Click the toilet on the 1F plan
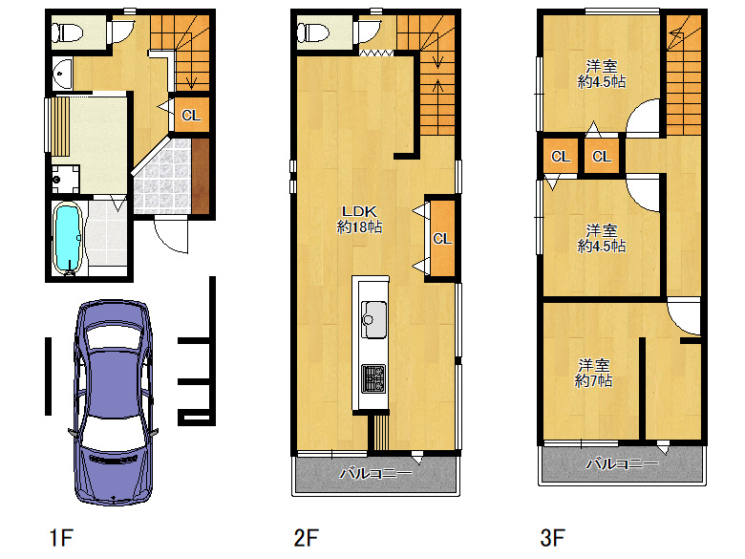point(67,32)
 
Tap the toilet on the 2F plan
point(313,32)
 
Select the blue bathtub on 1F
point(69,239)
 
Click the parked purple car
point(113,402)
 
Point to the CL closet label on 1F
point(191,116)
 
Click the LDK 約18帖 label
point(359,219)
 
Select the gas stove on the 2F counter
point(373,378)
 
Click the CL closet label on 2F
point(442,238)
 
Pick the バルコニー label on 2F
point(375,473)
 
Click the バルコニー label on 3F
point(622,463)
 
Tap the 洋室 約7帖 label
point(593,373)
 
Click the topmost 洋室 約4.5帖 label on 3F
point(602,74)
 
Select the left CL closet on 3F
point(561,156)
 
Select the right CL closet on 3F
point(602,156)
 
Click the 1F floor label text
point(61,538)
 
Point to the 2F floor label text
point(306,538)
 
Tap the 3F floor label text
point(553,538)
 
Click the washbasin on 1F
point(62,74)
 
